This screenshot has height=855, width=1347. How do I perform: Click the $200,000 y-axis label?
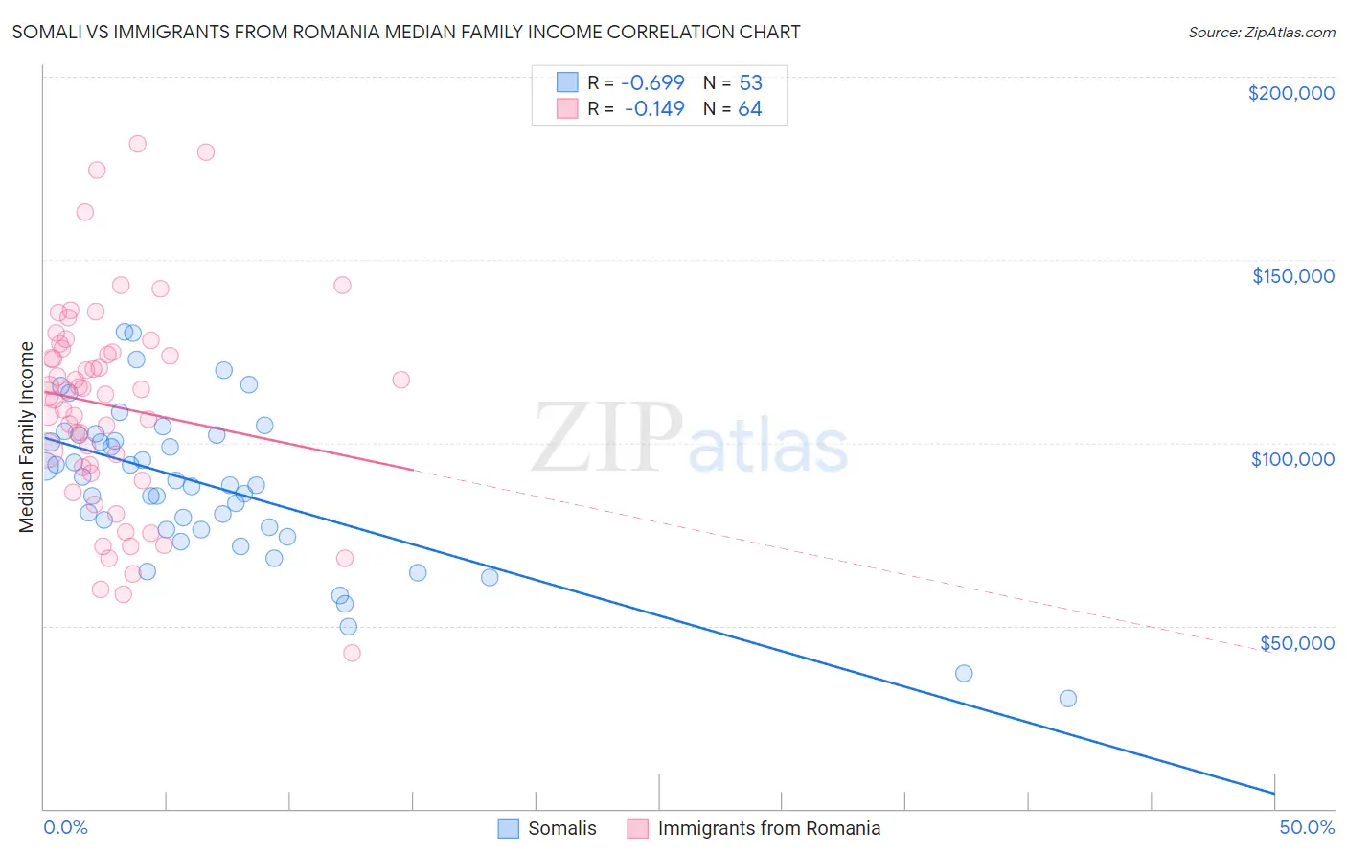coord(1290,93)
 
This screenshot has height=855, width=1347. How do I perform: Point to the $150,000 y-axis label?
coord(1292,276)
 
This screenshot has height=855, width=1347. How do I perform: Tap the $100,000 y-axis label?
coord(1292,459)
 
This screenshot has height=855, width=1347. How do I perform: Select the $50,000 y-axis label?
coord(1296,643)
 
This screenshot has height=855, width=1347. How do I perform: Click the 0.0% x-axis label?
coord(65,827)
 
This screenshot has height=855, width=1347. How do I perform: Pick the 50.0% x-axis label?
coord(1307,827)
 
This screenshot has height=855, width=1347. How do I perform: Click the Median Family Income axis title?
coord(27,437)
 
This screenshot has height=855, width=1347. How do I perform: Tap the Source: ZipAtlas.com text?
coord(1261,33)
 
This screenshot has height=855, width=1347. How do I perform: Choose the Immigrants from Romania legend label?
coord(768,828)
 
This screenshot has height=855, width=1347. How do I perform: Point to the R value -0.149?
coord(654,109)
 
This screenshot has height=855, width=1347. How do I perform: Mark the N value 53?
coord(750,83)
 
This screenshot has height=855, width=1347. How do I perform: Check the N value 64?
coord(750,109)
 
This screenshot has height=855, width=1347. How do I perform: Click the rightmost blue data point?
coord(1067,699)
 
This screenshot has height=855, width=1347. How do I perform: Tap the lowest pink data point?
coord(352,653)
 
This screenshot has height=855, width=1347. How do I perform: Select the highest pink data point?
coord(137,144)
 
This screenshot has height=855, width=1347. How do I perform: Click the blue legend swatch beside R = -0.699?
coord(567,83)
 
